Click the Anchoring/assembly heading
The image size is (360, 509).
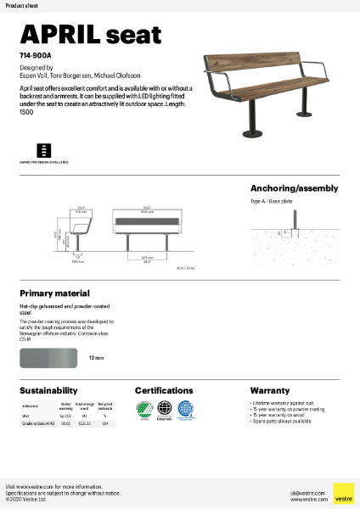pos(294,187)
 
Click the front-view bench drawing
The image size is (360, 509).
pos(147,227)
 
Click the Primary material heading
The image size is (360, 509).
pos(54,292)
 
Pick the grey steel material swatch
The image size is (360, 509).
pos(49,358)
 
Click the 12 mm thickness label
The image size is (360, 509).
pos(96,359)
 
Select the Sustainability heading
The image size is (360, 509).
pos(49,390)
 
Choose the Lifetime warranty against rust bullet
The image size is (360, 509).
pos(283,403)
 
